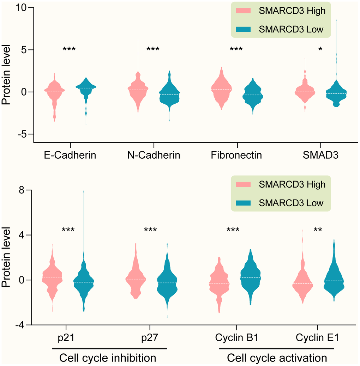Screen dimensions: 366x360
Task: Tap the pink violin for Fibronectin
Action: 221,90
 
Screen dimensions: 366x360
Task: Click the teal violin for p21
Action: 84,282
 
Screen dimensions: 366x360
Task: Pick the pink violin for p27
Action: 135,279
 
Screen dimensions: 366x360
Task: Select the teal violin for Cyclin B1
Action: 250,277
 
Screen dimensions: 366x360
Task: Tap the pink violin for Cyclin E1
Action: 302,282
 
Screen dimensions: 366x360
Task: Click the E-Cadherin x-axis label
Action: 70,155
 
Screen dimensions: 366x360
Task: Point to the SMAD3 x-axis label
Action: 320,155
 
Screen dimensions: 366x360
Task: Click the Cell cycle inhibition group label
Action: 108,358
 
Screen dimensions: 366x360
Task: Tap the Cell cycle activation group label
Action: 277,358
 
